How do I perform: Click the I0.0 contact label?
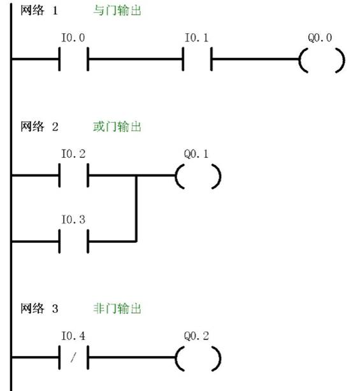coord(73,39)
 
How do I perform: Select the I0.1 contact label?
coord(196,39)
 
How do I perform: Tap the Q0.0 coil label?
coord(320,38)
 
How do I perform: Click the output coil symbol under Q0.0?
coord(321,61)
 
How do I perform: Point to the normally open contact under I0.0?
coord(73,61)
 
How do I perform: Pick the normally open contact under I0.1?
coord(197,61)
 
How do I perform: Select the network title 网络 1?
coord(40,11)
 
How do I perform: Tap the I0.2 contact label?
coord(73,154)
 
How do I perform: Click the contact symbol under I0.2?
coord(73,176)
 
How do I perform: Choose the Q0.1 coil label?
coord(197,154)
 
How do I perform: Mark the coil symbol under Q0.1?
coord(198,176)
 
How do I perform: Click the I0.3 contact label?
coord(73,220)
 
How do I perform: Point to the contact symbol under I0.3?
coord(73,241)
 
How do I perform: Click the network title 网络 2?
coord(40,127)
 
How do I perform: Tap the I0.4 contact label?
coord(73,336)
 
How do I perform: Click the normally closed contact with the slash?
coord(73,359)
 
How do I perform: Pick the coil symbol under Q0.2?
coord(198,359)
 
